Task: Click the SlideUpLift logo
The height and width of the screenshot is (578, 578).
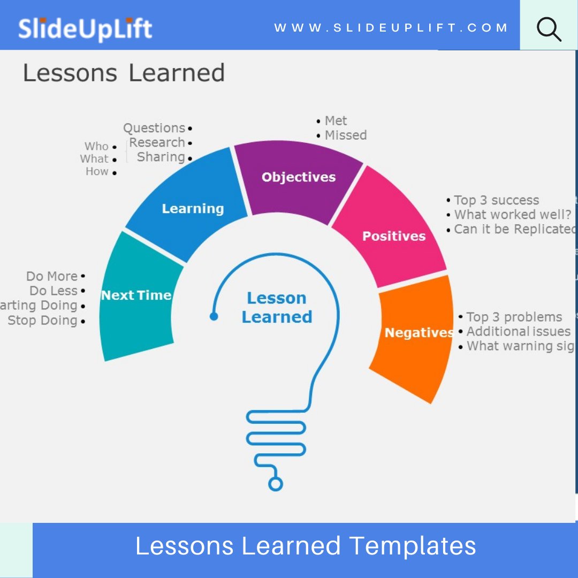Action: pos(85,28)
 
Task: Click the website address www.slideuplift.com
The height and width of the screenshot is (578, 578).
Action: pos(391,28)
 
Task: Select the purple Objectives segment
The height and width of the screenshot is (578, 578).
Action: pos(298,178)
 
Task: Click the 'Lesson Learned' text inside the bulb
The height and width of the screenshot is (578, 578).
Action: pos(277,307)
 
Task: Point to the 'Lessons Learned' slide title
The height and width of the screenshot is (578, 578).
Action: pos(124,73)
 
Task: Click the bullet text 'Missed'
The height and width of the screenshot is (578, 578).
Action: pos(346,135)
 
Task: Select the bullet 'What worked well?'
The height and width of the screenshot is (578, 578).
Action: pos(513,215)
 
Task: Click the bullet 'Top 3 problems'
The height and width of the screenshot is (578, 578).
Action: pos(514,317)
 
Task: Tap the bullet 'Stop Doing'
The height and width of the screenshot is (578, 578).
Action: pos(43,321)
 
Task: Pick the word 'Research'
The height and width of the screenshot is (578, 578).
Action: pos(157,143)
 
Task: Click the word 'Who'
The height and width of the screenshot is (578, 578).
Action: pos(96,147)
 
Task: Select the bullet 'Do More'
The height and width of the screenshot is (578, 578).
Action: pos(52,277)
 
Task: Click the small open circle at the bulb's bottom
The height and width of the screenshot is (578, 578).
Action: pos(275,484)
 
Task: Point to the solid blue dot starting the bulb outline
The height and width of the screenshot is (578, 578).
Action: pos(214,316)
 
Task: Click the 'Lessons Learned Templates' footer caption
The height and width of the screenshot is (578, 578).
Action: pos(306,546)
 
